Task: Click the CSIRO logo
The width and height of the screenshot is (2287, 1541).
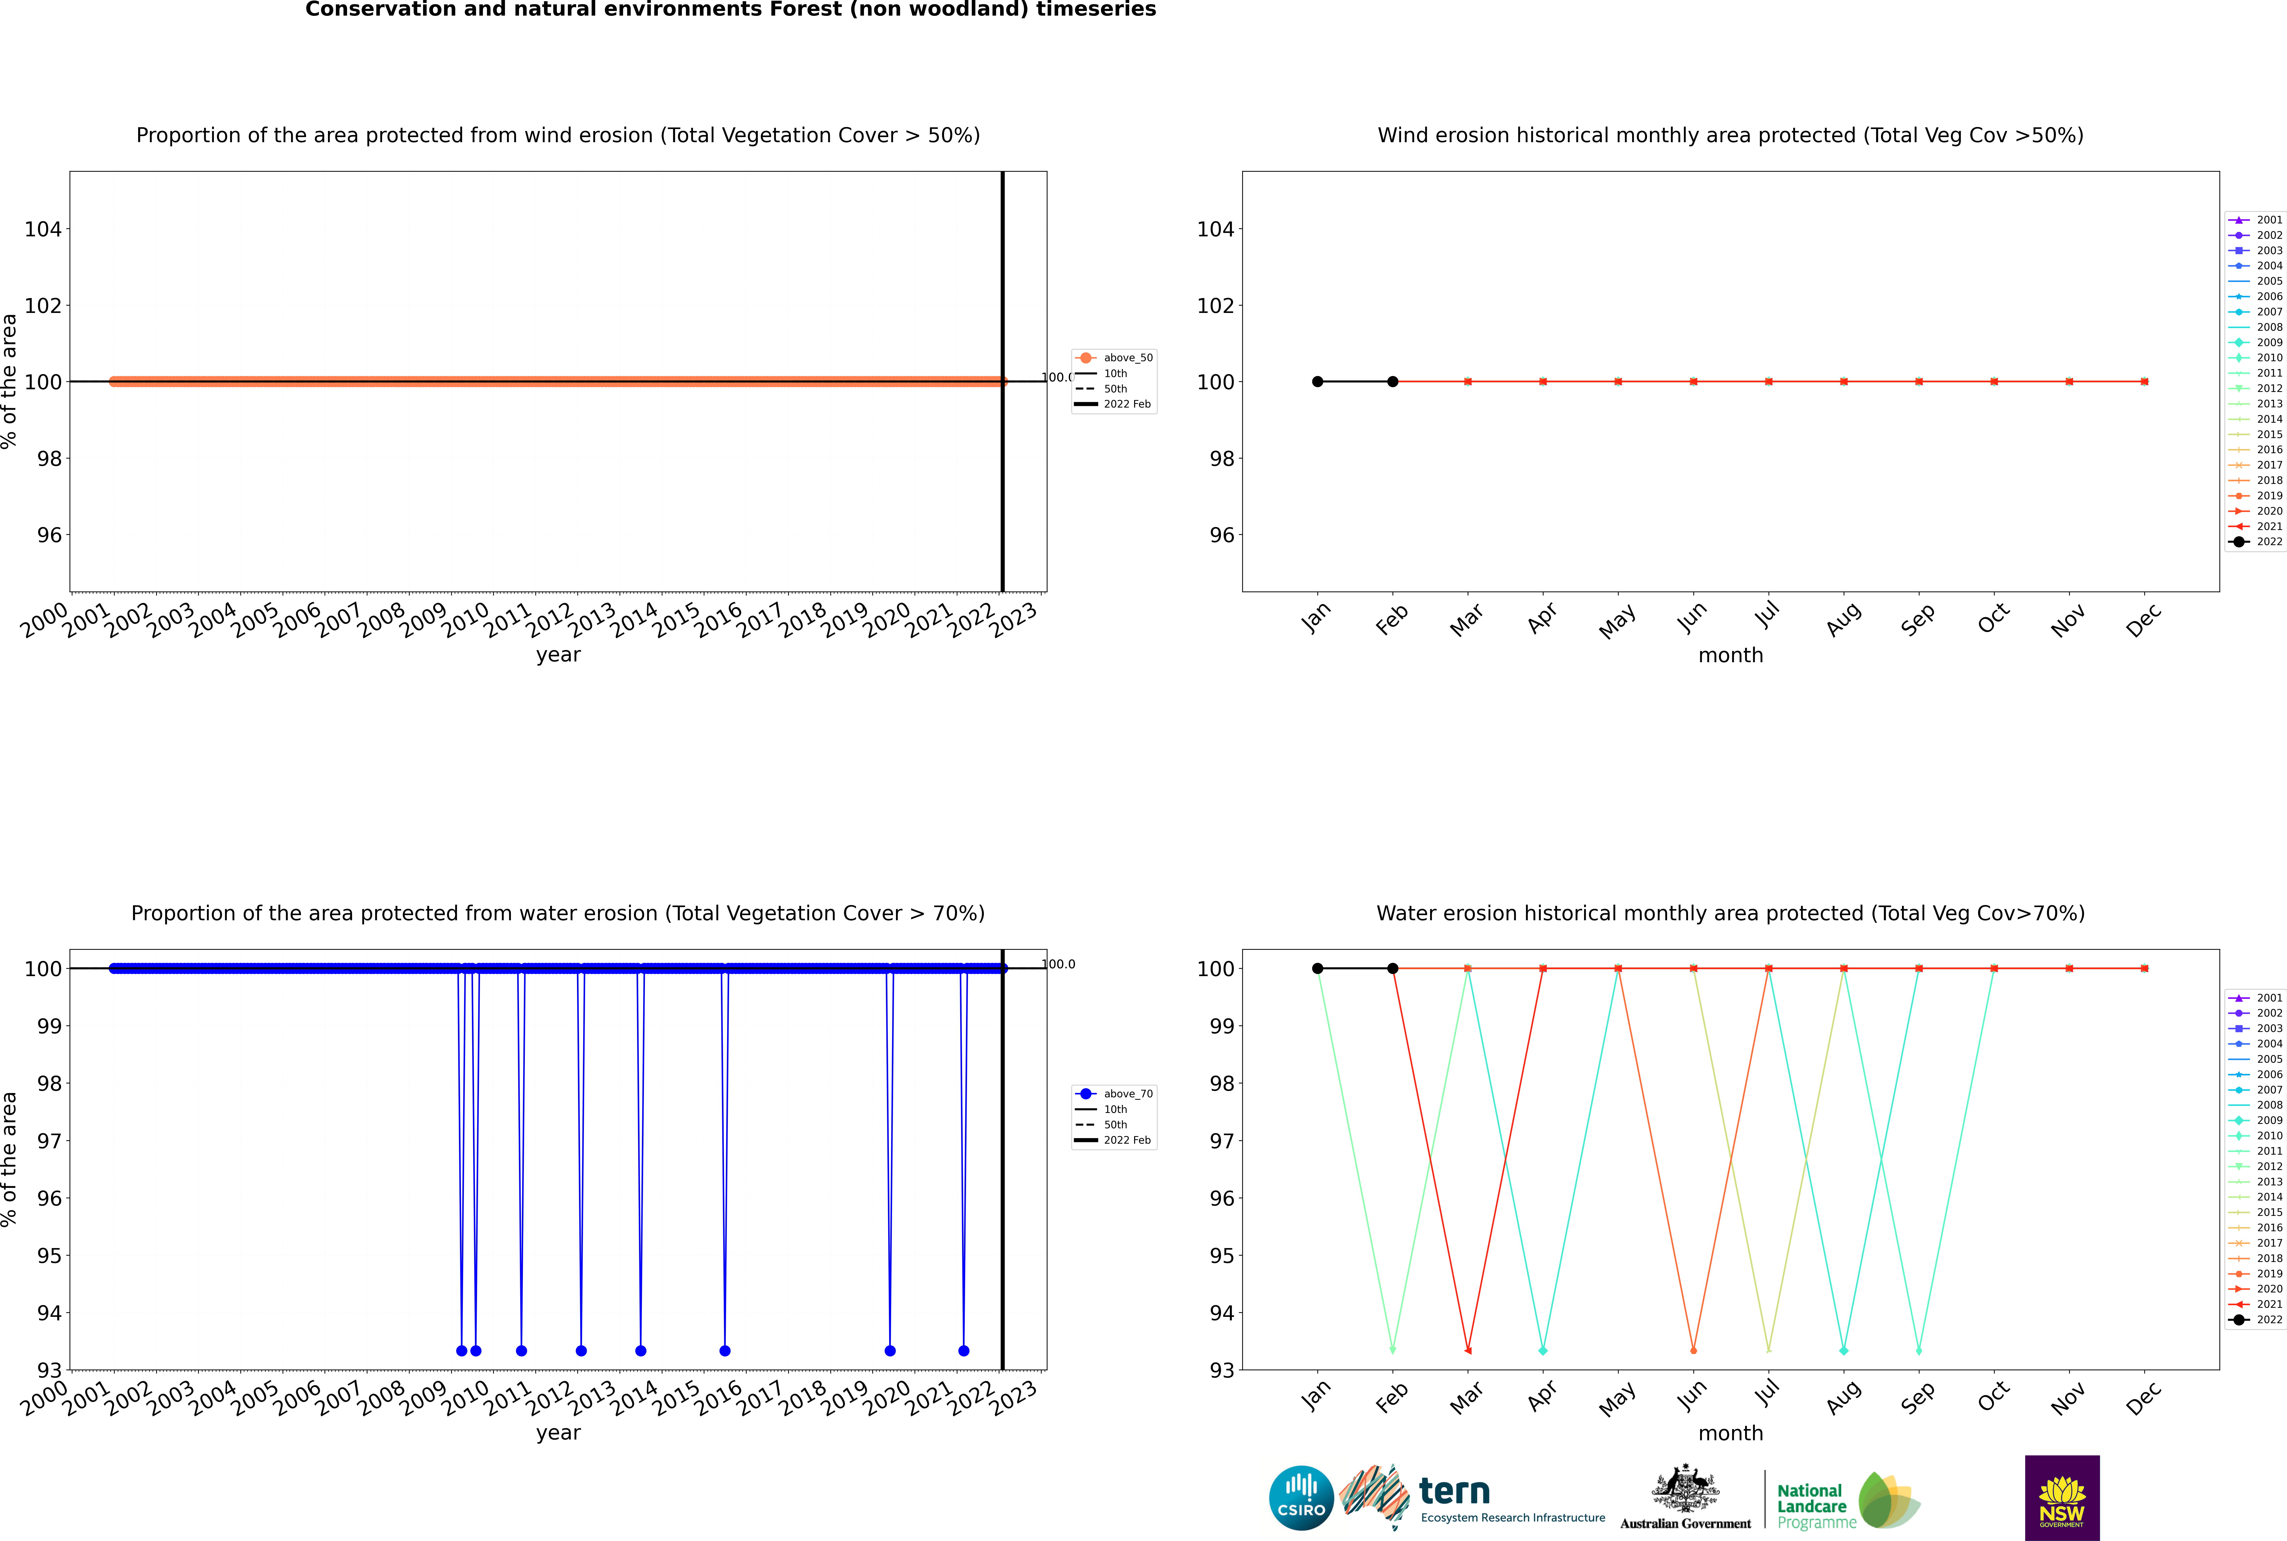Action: (x=1301, y=1498)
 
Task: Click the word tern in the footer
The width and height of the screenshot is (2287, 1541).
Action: (x=1454, y=1492)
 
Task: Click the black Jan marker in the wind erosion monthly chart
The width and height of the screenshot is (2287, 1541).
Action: (x=1318, y=381)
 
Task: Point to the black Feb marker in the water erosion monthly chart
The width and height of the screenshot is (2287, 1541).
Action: (x=1392, y=968)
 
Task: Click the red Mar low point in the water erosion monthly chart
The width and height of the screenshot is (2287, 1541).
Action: (x=1468, y=1350)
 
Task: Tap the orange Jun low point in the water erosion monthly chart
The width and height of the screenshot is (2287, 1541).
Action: (x=1693, y=1350)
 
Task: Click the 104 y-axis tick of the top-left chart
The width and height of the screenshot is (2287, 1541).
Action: (x=43, y=229)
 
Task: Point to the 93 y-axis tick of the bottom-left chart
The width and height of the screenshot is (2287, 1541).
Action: (x=49, y=1370)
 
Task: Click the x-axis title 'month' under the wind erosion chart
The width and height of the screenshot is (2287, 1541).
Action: (x=1730, y=656)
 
